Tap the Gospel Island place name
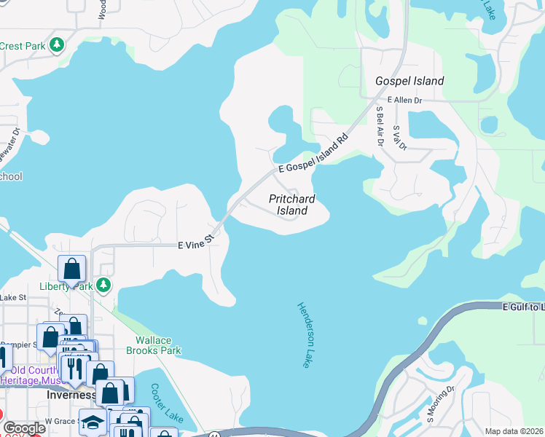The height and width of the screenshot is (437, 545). point(409,81)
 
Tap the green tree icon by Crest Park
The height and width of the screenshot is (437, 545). point(57,45)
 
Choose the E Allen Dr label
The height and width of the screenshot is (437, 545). point(405,100)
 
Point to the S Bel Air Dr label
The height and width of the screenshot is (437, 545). point(380,125)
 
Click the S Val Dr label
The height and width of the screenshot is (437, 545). point(399,138)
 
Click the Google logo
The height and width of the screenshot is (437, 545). point(23,428)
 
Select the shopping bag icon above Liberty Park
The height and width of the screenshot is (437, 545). point(72,269)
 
